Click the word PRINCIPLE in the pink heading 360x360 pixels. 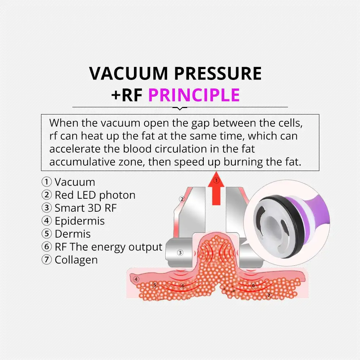point(194,95)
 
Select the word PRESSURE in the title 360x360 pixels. point(218,73)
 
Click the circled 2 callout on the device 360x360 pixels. point(182,199)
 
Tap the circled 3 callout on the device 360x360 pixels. point(180,253)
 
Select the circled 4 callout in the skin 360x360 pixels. point(136,279)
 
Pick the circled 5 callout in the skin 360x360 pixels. point(155,285)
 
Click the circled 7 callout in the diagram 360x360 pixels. point(268,295)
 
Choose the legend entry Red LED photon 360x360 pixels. point(89,195)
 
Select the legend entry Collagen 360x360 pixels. point(70,260)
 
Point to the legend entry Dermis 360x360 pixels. point(66,234)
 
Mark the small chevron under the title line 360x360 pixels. point(180,108)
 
